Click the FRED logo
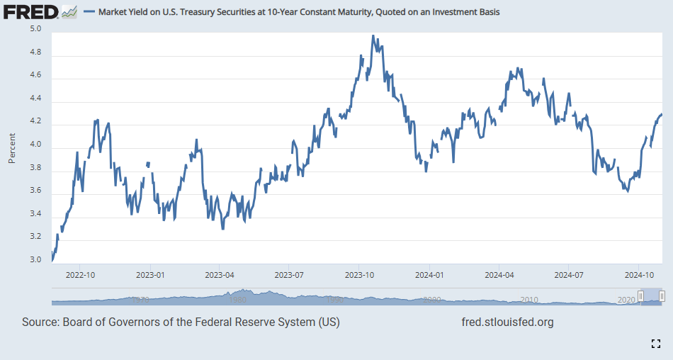coord(31,11)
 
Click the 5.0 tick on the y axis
coord(35,29)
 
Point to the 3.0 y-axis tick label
coord(35,260)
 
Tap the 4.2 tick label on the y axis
coord(35,122)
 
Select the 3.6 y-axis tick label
coord(35,191)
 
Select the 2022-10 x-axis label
coord(80,274)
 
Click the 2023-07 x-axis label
coord(290,274)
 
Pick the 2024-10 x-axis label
coord(639,274)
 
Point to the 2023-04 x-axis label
coord(220,274)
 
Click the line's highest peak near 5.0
coord(373,36)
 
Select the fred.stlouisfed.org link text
coord(507,322)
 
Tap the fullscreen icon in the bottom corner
coord(655,344)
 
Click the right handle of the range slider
coord(662,296)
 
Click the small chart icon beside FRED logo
coord(69,11)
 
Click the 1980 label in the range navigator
coord(238,300)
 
